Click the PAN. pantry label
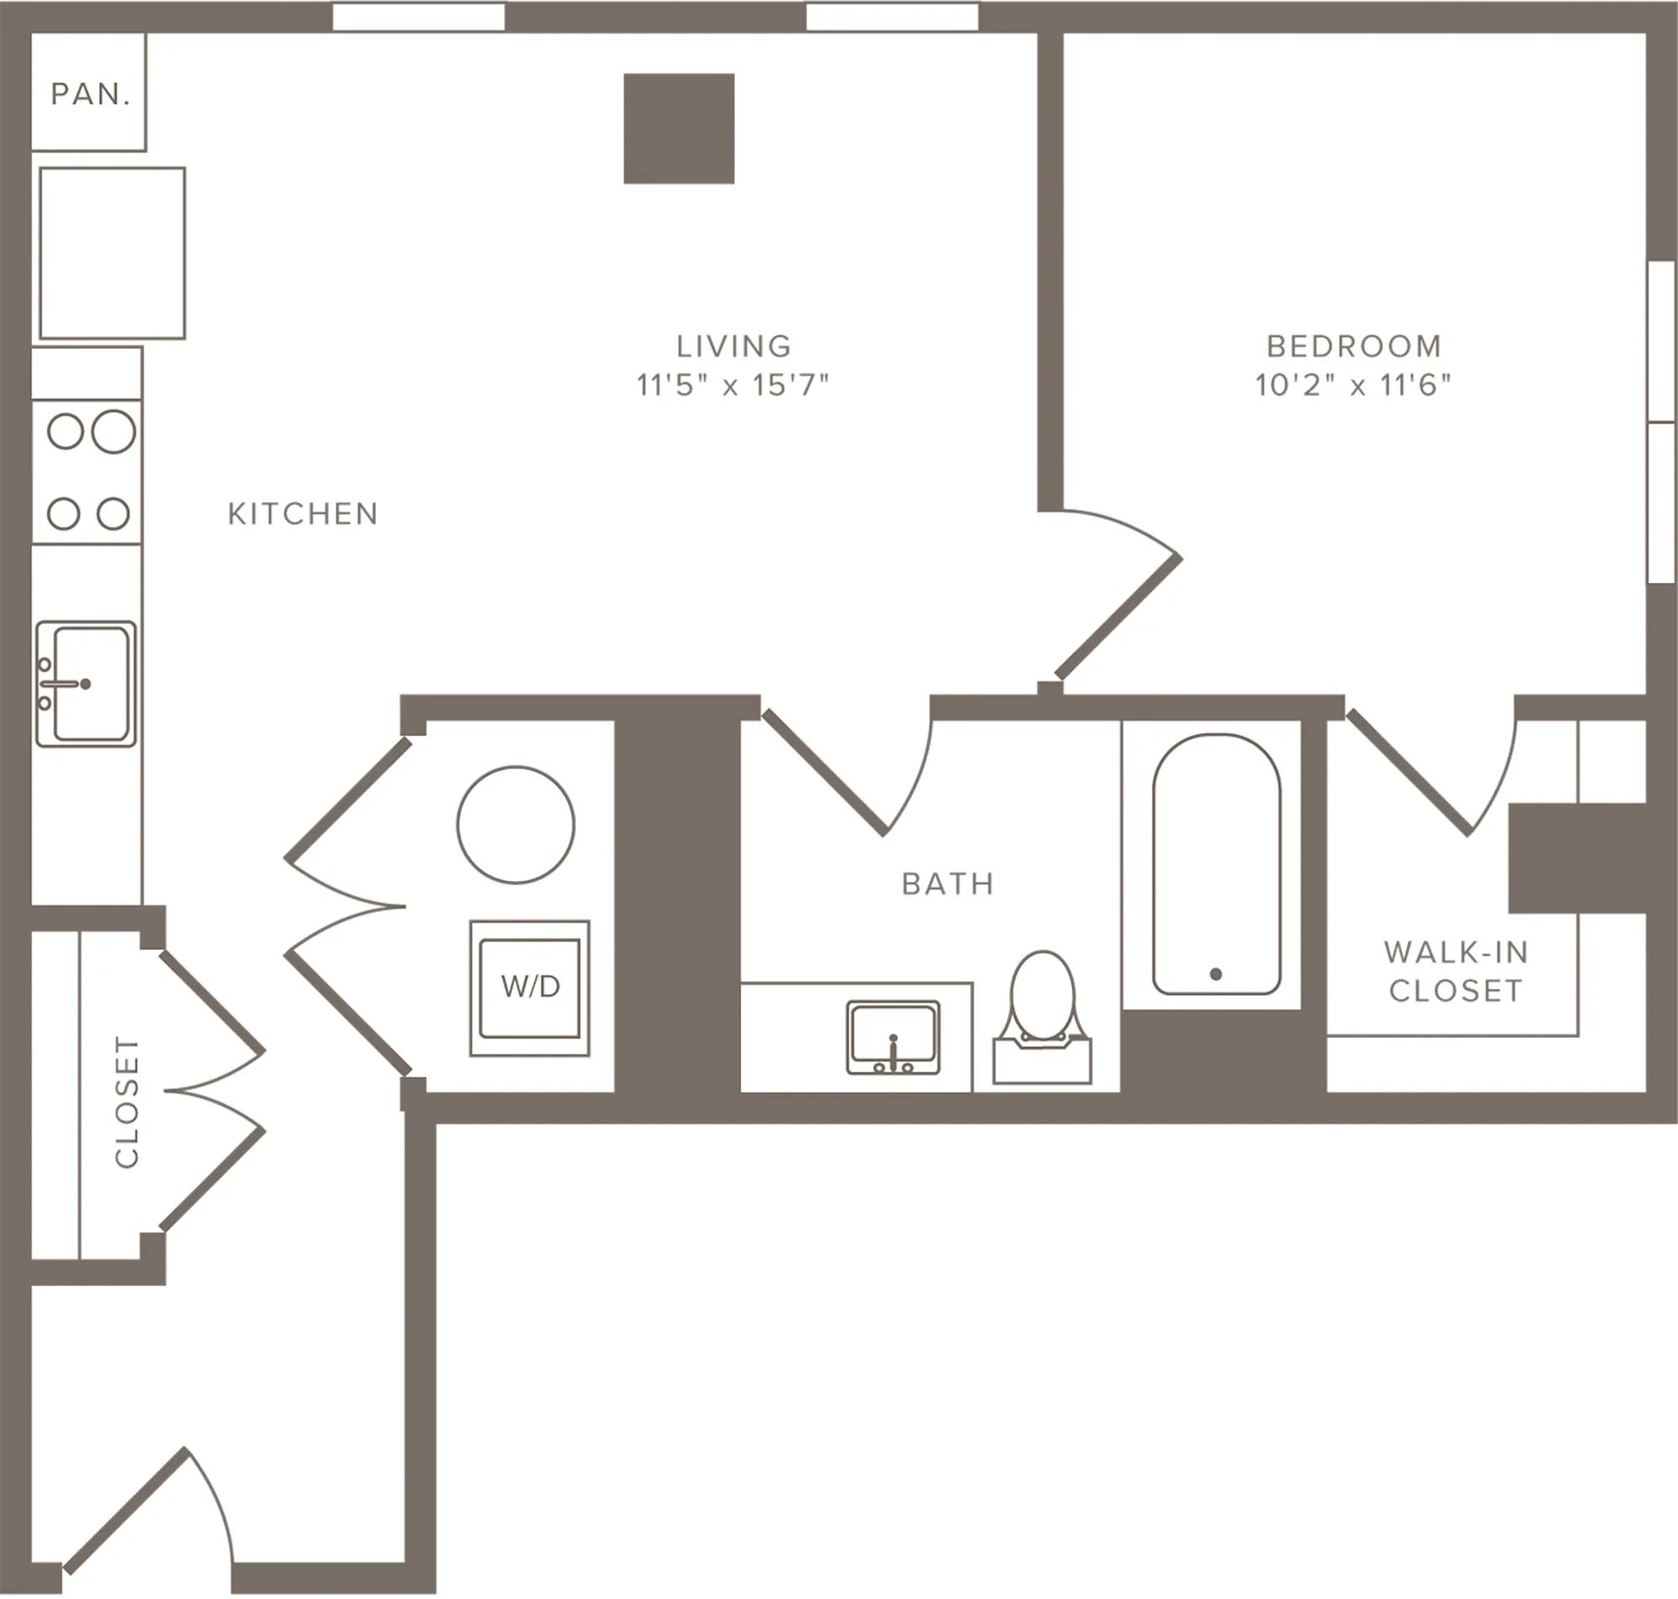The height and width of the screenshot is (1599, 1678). coord(91,95)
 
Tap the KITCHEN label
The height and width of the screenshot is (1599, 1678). coord(304,514)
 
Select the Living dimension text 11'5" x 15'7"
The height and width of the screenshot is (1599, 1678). coord(733,385)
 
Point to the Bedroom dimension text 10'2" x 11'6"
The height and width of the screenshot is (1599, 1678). coord(1353,385)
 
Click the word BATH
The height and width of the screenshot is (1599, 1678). coord(949,884)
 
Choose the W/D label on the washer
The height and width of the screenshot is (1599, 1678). coord(530,987)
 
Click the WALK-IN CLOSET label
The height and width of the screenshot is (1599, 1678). coord(1457,971)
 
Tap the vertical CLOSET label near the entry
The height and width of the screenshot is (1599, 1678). coord(126,1102)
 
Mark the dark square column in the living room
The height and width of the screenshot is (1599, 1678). coord(680,128)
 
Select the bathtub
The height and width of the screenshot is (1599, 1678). coord(1216,864)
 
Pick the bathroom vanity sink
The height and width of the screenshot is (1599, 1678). coord(893,1037)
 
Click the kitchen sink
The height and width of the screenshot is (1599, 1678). coord(86,684)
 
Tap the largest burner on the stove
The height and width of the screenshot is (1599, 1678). coord(113,431)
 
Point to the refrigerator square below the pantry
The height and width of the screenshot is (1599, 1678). coord(112,253)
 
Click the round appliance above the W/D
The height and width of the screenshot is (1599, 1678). coord(516,824)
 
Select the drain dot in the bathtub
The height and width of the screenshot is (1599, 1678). coord(1216,974)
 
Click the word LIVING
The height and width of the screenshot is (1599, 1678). coord(734,346)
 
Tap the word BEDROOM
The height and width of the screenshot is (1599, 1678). coord(1354,346)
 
